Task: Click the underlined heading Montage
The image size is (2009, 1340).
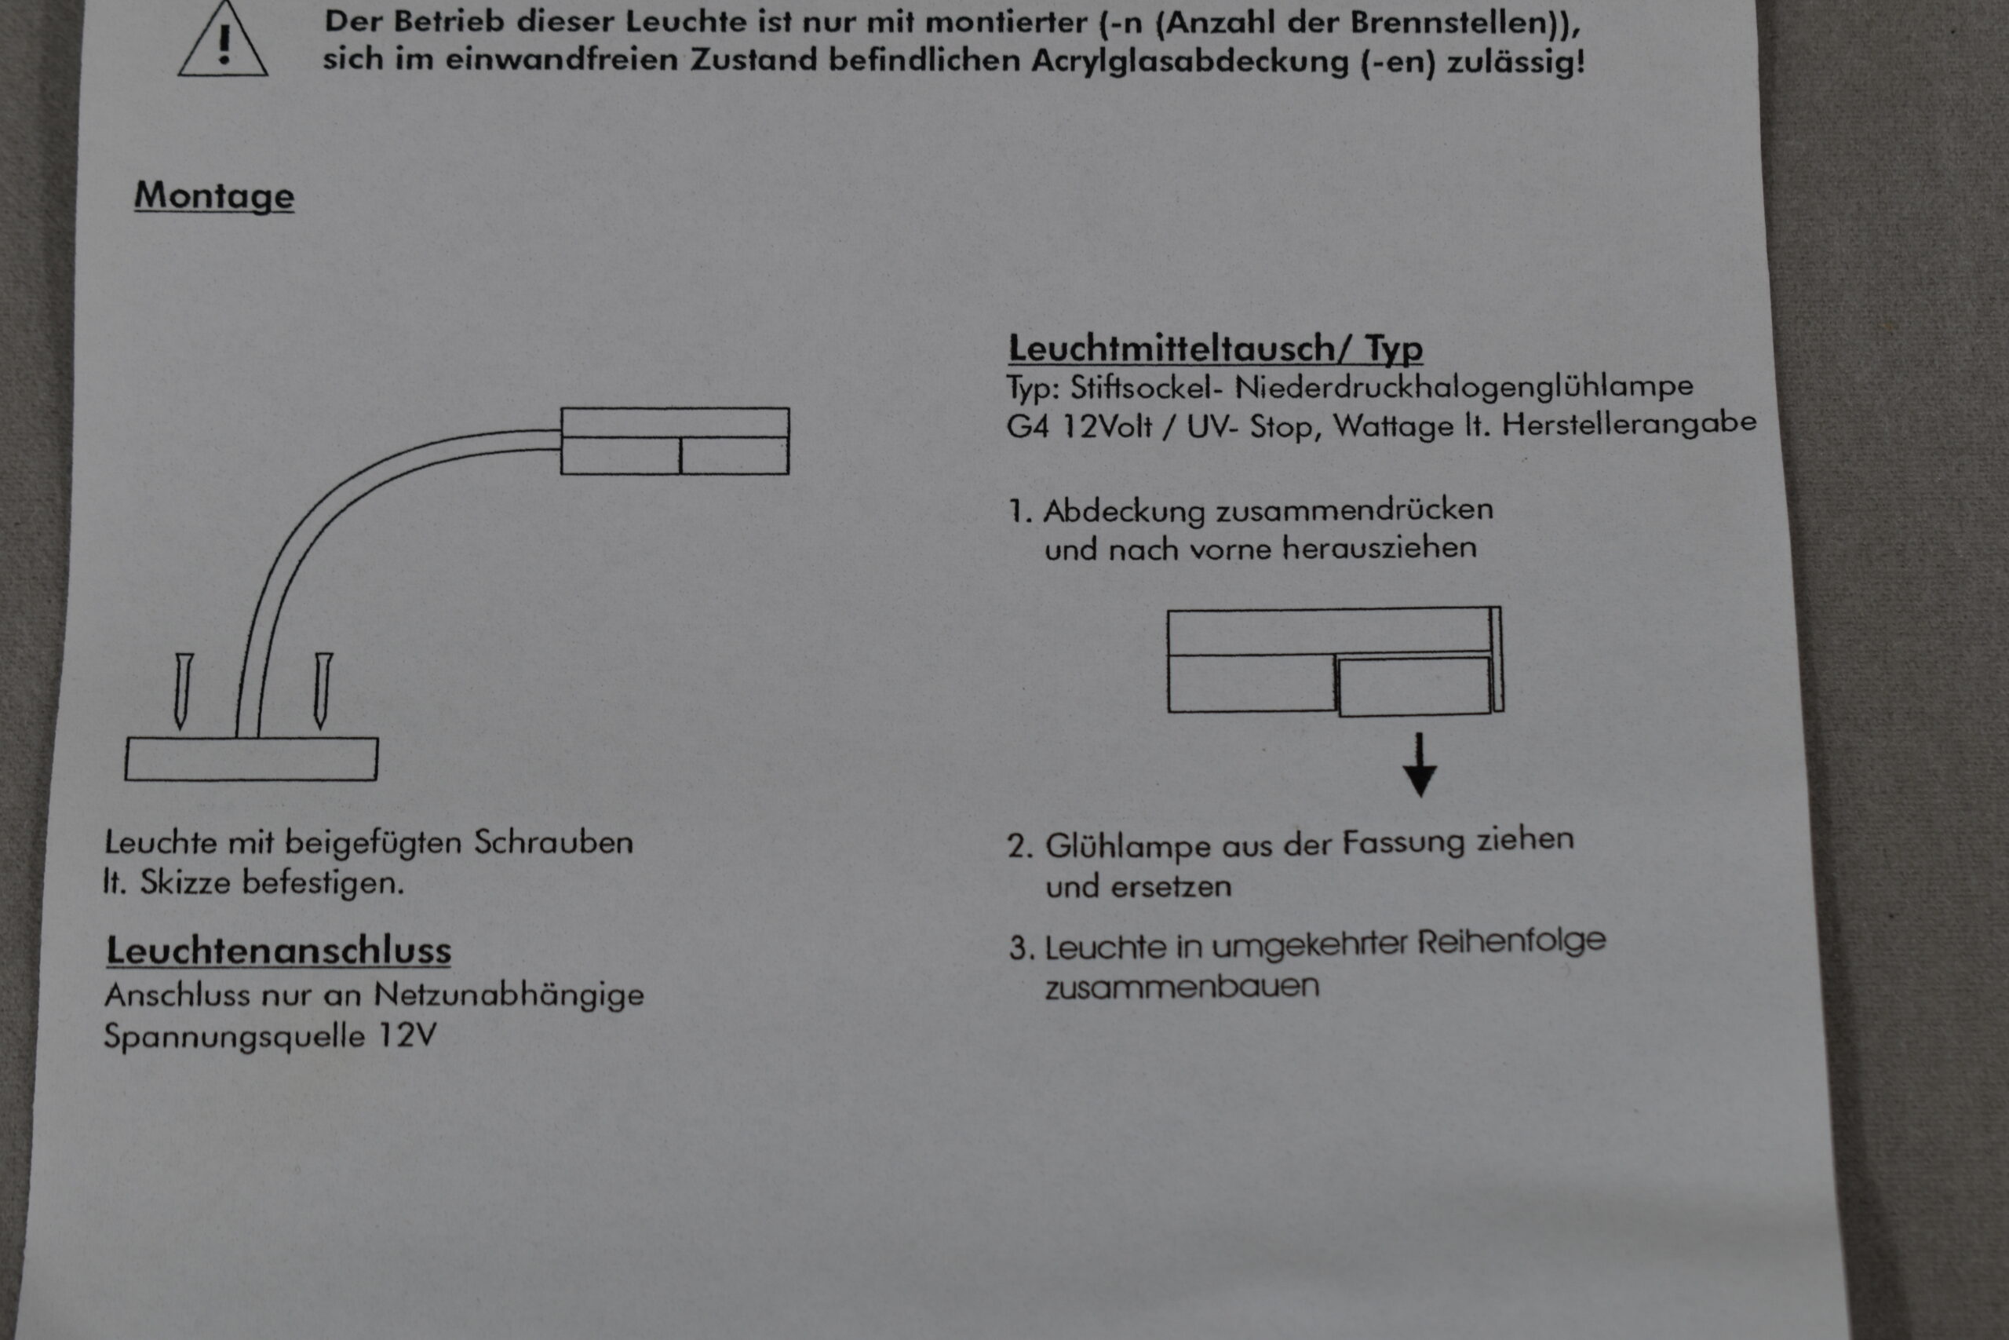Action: (x=214, y=195)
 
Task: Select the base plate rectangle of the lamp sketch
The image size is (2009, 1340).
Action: (x=251, y=759)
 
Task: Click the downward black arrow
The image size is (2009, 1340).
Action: (x=1420, y=765)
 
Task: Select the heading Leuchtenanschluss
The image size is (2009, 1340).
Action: (x=279, y=951)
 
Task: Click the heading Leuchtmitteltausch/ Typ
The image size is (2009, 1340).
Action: (x=1216, y=348)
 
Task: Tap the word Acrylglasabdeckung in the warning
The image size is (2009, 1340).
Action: (x=1190, y=61)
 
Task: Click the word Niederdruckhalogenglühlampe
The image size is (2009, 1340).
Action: (x=1463, y=386)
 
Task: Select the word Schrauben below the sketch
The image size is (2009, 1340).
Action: (x=553, y=842)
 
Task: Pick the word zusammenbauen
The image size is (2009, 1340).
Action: (x=1182, y=987)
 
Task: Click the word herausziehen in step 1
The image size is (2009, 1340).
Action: (x=1379, y=548)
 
